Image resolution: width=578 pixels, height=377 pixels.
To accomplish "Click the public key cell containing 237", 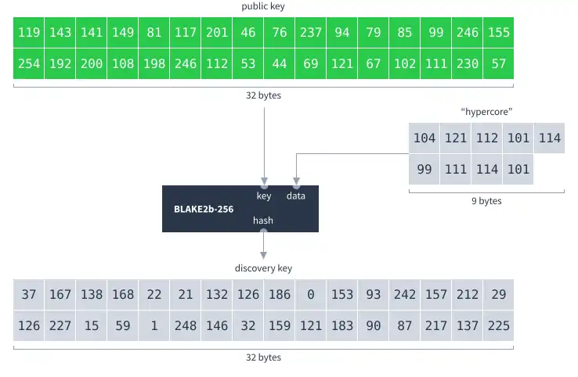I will point(311,33).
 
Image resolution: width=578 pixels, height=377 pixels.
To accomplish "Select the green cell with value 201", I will point(217,33).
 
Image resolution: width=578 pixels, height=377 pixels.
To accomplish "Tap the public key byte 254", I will point(29,64).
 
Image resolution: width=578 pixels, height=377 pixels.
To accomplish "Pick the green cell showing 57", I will point(499,64).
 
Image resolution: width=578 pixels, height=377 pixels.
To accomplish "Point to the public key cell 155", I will point(499,33).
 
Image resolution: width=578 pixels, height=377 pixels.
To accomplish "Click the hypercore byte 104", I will point(424,138).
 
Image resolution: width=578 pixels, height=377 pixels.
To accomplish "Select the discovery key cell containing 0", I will point(311,295).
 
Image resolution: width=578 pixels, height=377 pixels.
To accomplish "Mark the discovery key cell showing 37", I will point(29,295).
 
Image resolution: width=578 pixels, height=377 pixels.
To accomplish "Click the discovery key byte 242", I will point(405,295).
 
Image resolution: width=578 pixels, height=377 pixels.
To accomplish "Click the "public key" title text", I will point(263,6).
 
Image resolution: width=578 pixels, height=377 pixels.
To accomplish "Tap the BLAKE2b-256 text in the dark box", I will point(204,210).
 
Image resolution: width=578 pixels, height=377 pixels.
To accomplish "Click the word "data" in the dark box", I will point(296,196).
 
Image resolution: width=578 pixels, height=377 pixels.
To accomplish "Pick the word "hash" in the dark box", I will point(263,221).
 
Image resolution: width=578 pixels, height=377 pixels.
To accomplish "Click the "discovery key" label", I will point(263,268).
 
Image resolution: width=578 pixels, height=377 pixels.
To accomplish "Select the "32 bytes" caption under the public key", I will point(263,95).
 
